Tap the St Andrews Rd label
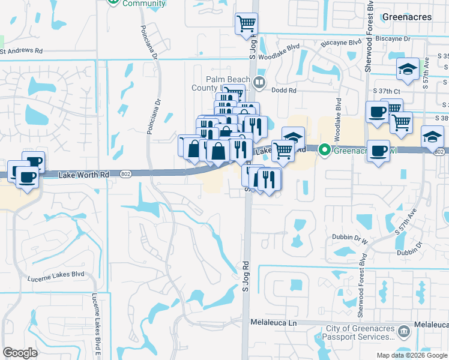[x=22, y=52]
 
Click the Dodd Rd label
[x=284, y=90]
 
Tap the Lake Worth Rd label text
[x=85, y=175]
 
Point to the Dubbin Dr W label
[x=349, y=238]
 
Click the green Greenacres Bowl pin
[x=325, y=148]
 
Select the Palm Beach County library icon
[x=259, y=82]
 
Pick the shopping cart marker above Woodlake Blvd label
[x=246, y=24]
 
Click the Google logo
[x=20, y=352]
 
